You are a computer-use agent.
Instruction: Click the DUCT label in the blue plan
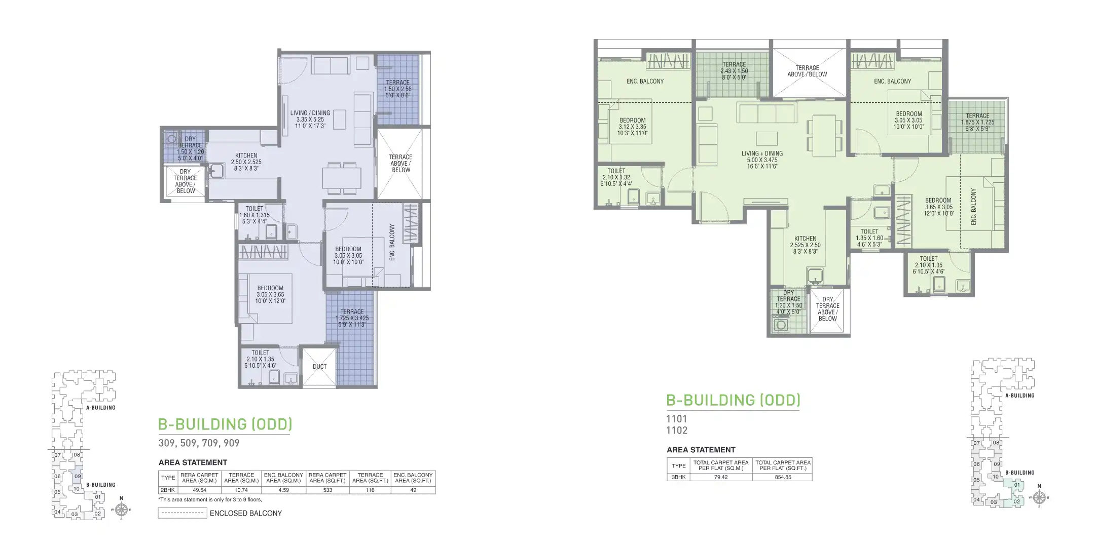[x=319, y=366]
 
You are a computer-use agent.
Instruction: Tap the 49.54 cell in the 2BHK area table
[x=199, y=490]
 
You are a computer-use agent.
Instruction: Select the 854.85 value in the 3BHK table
[x=783, y=477]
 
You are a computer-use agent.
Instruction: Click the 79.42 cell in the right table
[x=720, y=477]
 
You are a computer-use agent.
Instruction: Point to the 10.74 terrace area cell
[x=241, y=490]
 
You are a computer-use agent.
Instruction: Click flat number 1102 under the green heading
[x=677, y=431]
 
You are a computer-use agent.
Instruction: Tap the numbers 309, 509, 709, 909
[x=199, y=443]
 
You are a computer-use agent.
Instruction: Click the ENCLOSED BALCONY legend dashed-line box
[x=182, y=513]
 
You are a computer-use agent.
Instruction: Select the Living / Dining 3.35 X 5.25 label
[x=310, y=120]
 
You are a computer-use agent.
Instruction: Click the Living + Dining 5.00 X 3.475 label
[x=762, y=160]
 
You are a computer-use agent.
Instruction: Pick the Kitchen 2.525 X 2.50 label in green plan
[x=805, y=245]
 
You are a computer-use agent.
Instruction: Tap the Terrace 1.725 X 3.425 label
[x=352, y=318]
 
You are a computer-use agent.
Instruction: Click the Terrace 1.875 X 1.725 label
[x=977, y=122]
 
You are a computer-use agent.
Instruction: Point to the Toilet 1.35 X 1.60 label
[x=869, y=238]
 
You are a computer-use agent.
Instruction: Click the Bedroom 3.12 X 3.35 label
[x=632, y=127]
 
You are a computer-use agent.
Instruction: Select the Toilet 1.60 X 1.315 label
[x=254, y=215]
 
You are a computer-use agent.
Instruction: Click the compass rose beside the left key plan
[x=121, y=509]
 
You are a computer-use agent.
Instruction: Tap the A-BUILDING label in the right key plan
[x=1019, y=396]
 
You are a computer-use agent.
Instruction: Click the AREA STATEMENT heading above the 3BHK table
[x=701, y=450]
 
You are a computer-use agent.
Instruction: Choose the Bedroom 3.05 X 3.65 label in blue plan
[x=270, y=294]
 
